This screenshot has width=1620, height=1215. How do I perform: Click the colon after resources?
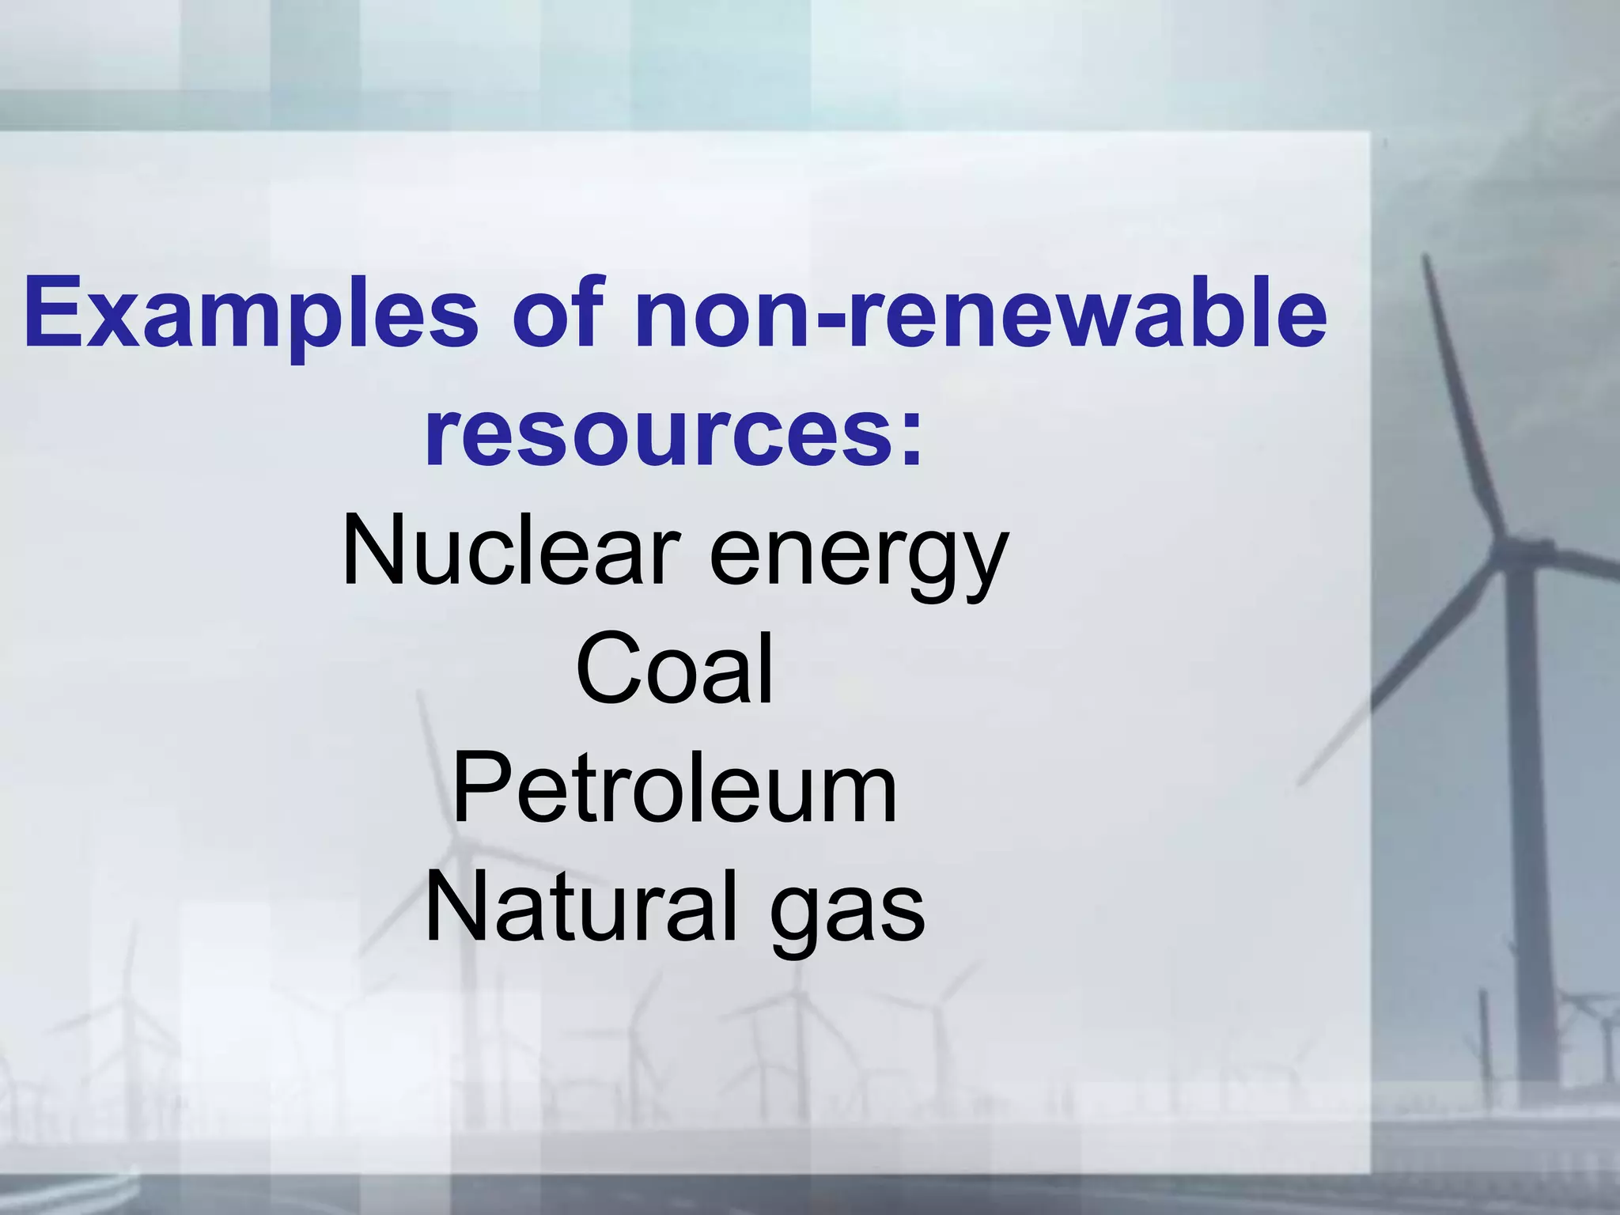910,439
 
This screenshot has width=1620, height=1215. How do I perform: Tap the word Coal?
674,670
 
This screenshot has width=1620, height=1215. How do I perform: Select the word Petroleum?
674,789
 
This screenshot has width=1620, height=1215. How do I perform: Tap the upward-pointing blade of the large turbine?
1463,396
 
